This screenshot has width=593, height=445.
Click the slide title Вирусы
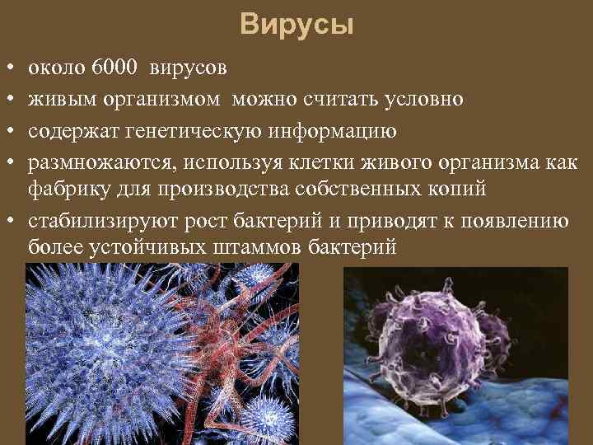pos(297,26)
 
